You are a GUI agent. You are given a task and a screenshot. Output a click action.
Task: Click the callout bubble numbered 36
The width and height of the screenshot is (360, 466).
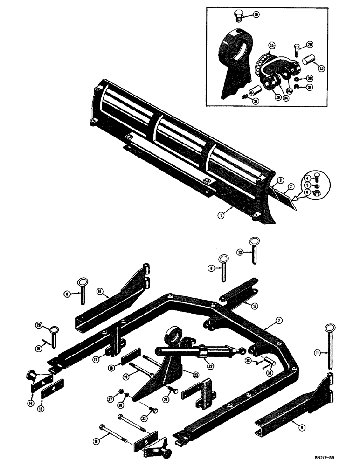pos(256,15)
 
